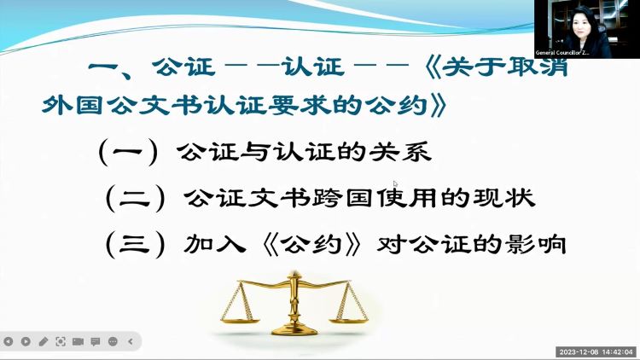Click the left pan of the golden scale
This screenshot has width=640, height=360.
pos(241,321)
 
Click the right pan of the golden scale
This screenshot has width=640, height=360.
pos(349,320)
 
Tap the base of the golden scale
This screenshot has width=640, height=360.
pos(294,329)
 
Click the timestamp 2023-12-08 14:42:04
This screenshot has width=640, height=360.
pos(596,351)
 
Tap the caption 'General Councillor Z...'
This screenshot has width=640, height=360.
pos(562,53)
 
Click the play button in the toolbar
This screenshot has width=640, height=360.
pos(26,341)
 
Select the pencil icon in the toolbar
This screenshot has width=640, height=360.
pos(44,341)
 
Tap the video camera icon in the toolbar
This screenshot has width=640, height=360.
pos(78,341)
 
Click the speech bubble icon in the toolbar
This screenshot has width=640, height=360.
pos(96,341)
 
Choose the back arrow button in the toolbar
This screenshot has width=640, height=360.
pos(9,341)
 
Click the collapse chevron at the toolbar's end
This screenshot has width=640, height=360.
pos(131,341)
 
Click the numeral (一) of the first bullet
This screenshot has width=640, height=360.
pos(128,153)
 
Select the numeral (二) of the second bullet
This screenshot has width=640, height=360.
pos(135,199)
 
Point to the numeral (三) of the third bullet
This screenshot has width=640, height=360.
pos(135,245)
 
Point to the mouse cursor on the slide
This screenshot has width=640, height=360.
pos(395,184)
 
